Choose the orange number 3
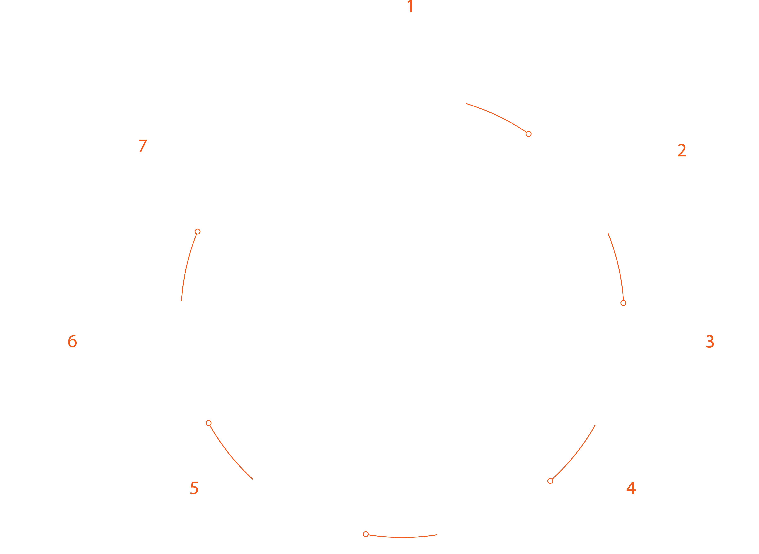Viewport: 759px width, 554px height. (710, 342)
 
